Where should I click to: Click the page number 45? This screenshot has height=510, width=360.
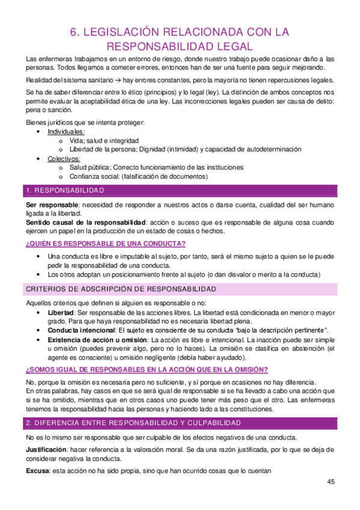point(331,482)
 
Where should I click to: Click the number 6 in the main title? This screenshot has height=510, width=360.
point(75,32)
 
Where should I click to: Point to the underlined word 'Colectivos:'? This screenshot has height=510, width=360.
point(64,158)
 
